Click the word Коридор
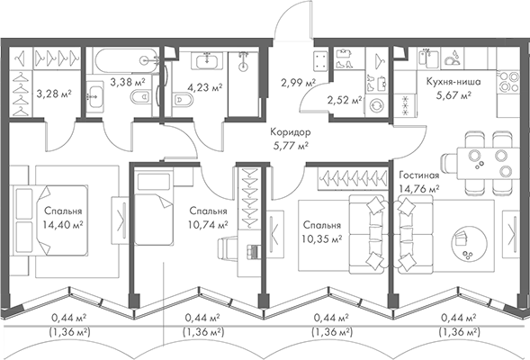point(291,130)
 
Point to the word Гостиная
point(418,175)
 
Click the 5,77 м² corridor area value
point(291,143)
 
